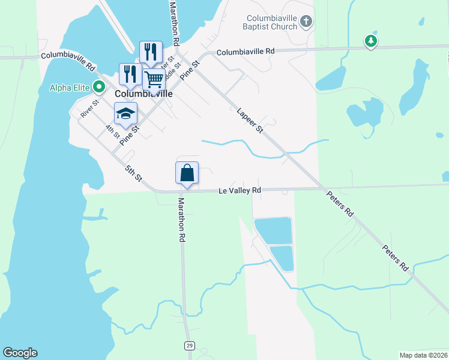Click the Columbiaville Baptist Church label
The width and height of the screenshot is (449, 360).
click(x=270, y=22)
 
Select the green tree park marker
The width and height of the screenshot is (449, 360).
click(x=372, y=41)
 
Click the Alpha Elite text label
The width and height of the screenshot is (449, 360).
click(x=69, y=88)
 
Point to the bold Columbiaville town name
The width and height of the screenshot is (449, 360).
click(x=143, y=94)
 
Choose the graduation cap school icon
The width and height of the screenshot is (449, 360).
click(x=126, y=113)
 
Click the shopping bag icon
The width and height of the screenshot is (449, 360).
click(x=187, y=173)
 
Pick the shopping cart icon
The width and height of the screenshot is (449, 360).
click(x=154, y=79)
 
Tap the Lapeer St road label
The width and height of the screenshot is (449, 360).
click(x=250, y=120)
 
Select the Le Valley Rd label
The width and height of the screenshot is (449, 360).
click(x=239, y=190)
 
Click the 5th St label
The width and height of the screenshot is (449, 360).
click(x=133, y=173)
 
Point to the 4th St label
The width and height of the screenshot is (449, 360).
click(x=112, y=131)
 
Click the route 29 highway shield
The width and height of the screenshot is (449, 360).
click(x=190, y=346)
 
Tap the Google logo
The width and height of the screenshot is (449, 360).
click(x=20, y=353)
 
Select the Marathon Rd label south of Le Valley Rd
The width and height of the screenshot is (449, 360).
click(x=181, y=220)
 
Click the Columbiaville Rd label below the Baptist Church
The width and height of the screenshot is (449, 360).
click(x=246, y=52)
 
